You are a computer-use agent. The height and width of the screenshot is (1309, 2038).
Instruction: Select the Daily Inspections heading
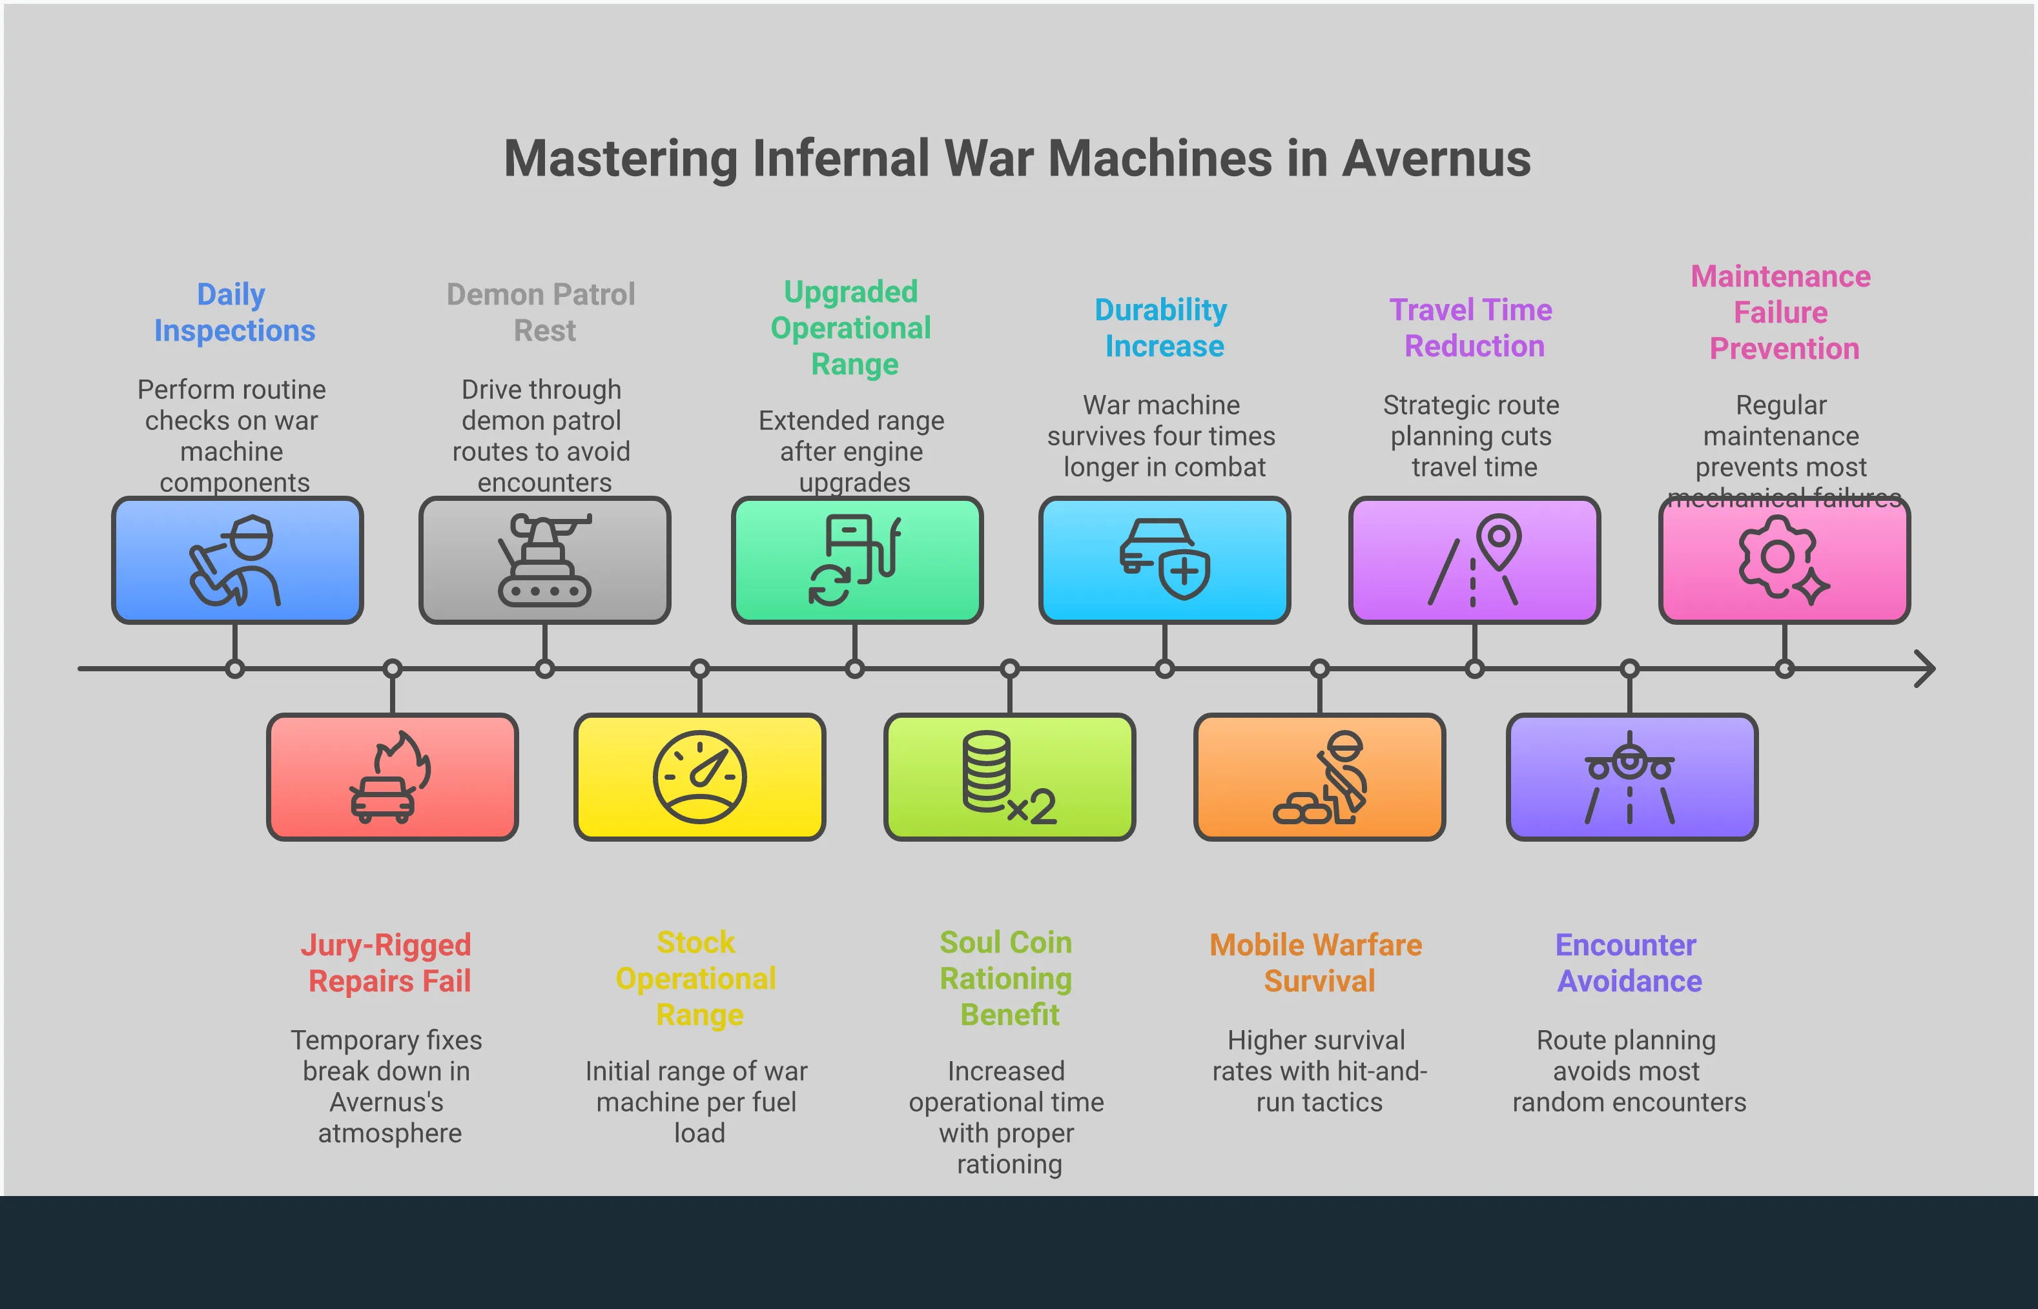click(x=234, y=312)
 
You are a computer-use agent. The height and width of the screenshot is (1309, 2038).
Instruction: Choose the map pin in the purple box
click(x=1498, y=540)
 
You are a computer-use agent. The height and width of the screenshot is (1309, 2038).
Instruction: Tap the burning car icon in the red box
click(x=390, y=777)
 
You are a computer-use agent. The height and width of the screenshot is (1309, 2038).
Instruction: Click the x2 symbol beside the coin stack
click(x=1032, y=807)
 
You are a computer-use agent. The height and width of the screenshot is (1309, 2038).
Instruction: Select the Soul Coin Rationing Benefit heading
click(x=1007, y=979)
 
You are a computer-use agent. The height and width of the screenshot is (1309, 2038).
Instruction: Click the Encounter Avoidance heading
click(x=1628, y=963)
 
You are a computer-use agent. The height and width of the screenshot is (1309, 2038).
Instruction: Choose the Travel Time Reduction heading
click(x=1472, y=328)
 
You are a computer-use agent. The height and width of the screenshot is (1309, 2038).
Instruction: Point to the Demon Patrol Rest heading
click(x=542, y=312)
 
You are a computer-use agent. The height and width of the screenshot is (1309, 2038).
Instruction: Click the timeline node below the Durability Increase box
click(x=1164, y=669)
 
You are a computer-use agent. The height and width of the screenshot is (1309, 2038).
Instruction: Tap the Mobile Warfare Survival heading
click(x=1317, y=963)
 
